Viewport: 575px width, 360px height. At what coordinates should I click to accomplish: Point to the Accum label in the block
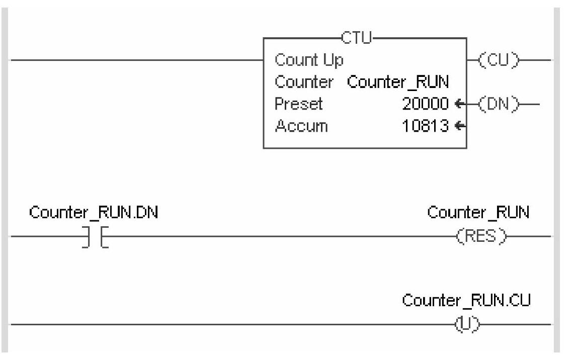[301, 126]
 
